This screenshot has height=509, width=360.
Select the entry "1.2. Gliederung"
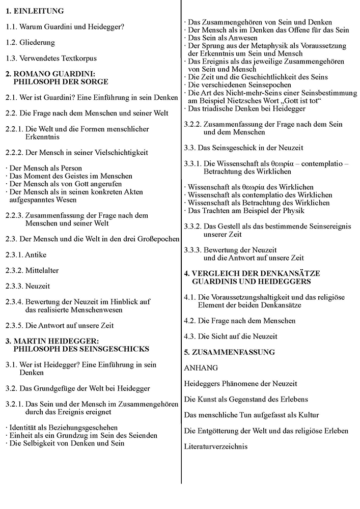[x=30, y=42]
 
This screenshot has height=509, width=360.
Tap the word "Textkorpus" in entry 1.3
[x=75, y=59]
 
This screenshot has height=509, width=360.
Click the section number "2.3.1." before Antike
[x=15, y=254]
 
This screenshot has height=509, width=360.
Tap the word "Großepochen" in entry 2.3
[x=156, y=239]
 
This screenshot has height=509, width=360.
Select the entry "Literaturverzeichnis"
[x=215, y=447]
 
